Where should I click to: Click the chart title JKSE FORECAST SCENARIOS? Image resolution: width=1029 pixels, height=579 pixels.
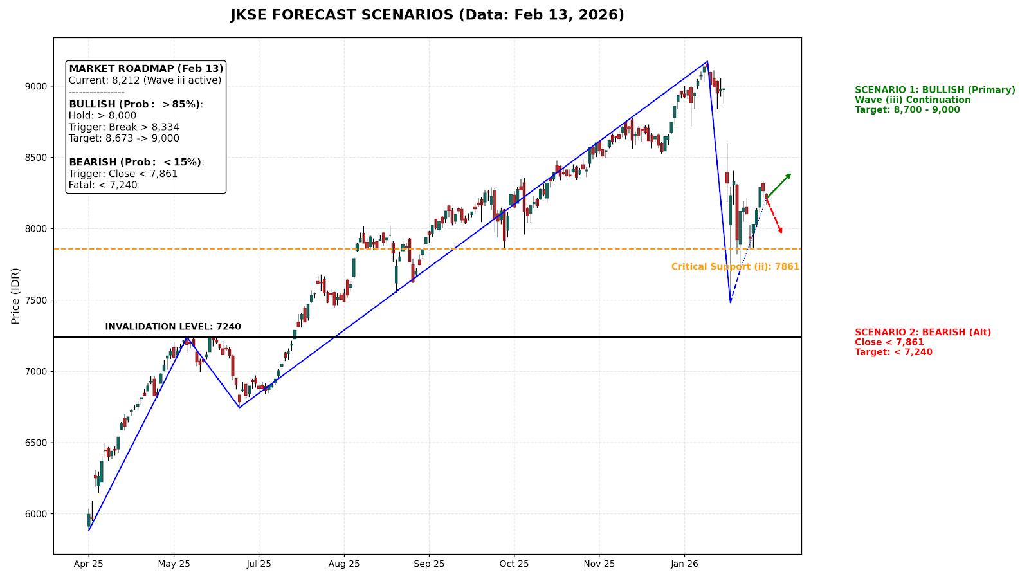pyautogui.click(x=427, y=15)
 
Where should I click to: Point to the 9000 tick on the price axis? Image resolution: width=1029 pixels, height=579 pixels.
pyautogui.click(x=37, y=86)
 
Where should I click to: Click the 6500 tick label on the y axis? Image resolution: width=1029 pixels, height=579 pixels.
pyautogui.click(x=37, y=443)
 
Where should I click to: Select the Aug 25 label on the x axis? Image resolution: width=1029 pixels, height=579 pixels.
pyautogui.click(x=344, y=564)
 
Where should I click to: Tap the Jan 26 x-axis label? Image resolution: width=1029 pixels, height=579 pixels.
pyautogui.click(x=684, y=564)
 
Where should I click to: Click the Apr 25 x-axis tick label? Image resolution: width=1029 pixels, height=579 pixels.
pyautogui.click(x=89, y=564)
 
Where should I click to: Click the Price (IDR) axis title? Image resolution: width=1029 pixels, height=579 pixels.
pyautogui.click(x=15, y=295)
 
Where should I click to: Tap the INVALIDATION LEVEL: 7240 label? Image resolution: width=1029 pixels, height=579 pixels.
pyautogui.click(x=173, y=327)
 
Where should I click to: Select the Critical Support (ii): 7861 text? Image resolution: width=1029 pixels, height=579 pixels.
pyautogui.click(x=735, y=267)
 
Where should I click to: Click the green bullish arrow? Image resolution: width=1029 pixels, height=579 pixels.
pyautogui.click(x=779, y=185)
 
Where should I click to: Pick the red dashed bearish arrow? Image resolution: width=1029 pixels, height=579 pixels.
pyautogui.click(x=774, y=216)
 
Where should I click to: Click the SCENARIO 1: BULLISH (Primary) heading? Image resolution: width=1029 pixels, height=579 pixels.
pyautogui.click(x=934, y=90)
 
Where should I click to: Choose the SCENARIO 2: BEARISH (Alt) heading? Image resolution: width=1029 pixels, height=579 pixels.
pyautogui.click(x=922, y=333)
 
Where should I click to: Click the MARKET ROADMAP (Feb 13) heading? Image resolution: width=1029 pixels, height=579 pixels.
pyautogui.click(x=146, y=69)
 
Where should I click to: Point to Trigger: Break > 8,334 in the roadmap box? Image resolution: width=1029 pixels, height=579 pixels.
pyautogui.click(x=124, y=127)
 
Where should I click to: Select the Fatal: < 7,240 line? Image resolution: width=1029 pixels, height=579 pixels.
pyautogui.click(x=103, y=185)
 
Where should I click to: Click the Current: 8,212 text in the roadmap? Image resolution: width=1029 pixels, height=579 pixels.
pyautogui.click(x=145, y=80)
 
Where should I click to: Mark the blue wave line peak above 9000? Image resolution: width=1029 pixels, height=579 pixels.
pyautogui.click(x=707, y=62)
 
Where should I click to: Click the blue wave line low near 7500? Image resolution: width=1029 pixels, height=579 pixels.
pyautogui.click(x=731, y=302)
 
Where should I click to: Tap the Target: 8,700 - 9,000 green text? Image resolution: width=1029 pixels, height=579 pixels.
pyautogui.click(x=907, y=110)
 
